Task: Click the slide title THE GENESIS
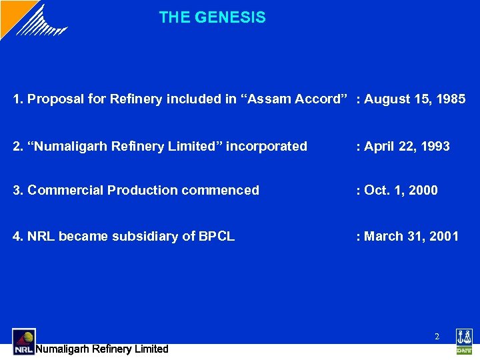click(x=212, y=18)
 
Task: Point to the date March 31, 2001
click(x=411, y=236)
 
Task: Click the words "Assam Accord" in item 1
click(x=298, y=99)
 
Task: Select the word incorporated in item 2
click(x=267, y=146)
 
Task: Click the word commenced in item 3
click(x=220, y=191)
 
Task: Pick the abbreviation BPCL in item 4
click(x=217, y=236)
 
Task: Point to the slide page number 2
click(x=437, y=337)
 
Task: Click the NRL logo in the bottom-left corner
click(x=23, y=341)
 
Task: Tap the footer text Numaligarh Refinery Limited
click(x=101, y=349)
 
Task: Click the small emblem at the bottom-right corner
click(x=463, y=341)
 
